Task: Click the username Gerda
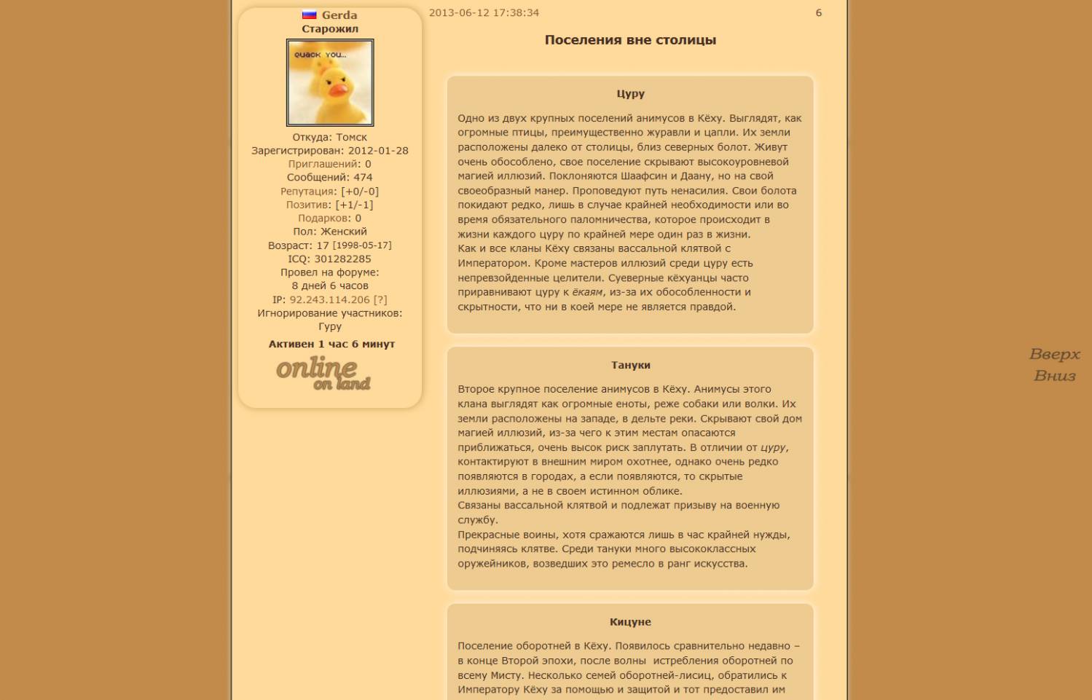pos(339,15)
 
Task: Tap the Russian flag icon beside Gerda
pos(310,15)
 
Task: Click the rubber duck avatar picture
pos(330,82)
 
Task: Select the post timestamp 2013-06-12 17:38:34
pos(484,13)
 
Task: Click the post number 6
pos(818,13)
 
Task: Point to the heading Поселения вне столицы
pos(630,40)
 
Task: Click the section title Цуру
pos(630,94)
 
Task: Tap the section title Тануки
pos(630,365)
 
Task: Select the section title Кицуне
pos(630,622)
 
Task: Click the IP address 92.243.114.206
pos(330,299)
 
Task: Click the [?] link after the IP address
pos(380,299)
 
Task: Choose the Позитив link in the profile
pos(308,205)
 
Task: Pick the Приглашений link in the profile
pos(323,165)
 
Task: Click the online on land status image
pos(323,373)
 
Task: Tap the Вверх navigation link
pos(1054,355)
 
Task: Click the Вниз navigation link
pos(1054,376)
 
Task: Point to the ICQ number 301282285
pos(342,259)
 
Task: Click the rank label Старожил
pos(330,29)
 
